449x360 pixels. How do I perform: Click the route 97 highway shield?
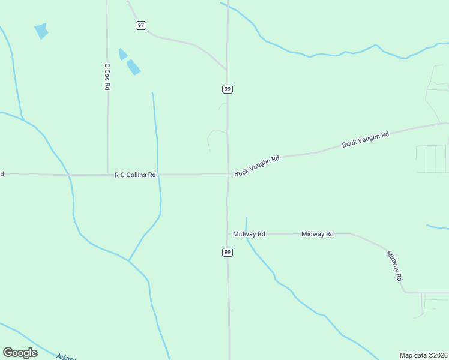(140, 25)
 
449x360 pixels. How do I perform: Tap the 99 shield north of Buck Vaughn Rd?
(227, 89)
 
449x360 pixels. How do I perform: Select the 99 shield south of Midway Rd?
(227, 252)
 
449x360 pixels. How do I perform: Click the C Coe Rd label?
(107, 77)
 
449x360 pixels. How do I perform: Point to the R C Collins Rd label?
(135, 175)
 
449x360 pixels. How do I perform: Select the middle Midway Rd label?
(317, 234)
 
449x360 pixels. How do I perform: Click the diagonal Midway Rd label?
(394, 266)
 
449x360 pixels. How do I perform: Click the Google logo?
(20, 353)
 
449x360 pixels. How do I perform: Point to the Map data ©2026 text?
(423, 355)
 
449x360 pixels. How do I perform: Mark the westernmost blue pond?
(41, 31)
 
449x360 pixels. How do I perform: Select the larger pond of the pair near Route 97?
(133, 67)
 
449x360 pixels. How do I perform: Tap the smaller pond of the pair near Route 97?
(123, 54)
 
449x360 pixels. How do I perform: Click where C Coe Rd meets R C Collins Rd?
(108, 175)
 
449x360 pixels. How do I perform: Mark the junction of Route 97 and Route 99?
(227, 70)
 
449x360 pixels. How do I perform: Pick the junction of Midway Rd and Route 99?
(228, 234)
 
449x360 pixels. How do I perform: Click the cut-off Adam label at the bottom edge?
(67, 357)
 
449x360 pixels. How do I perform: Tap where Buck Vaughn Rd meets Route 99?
(228, 175)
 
